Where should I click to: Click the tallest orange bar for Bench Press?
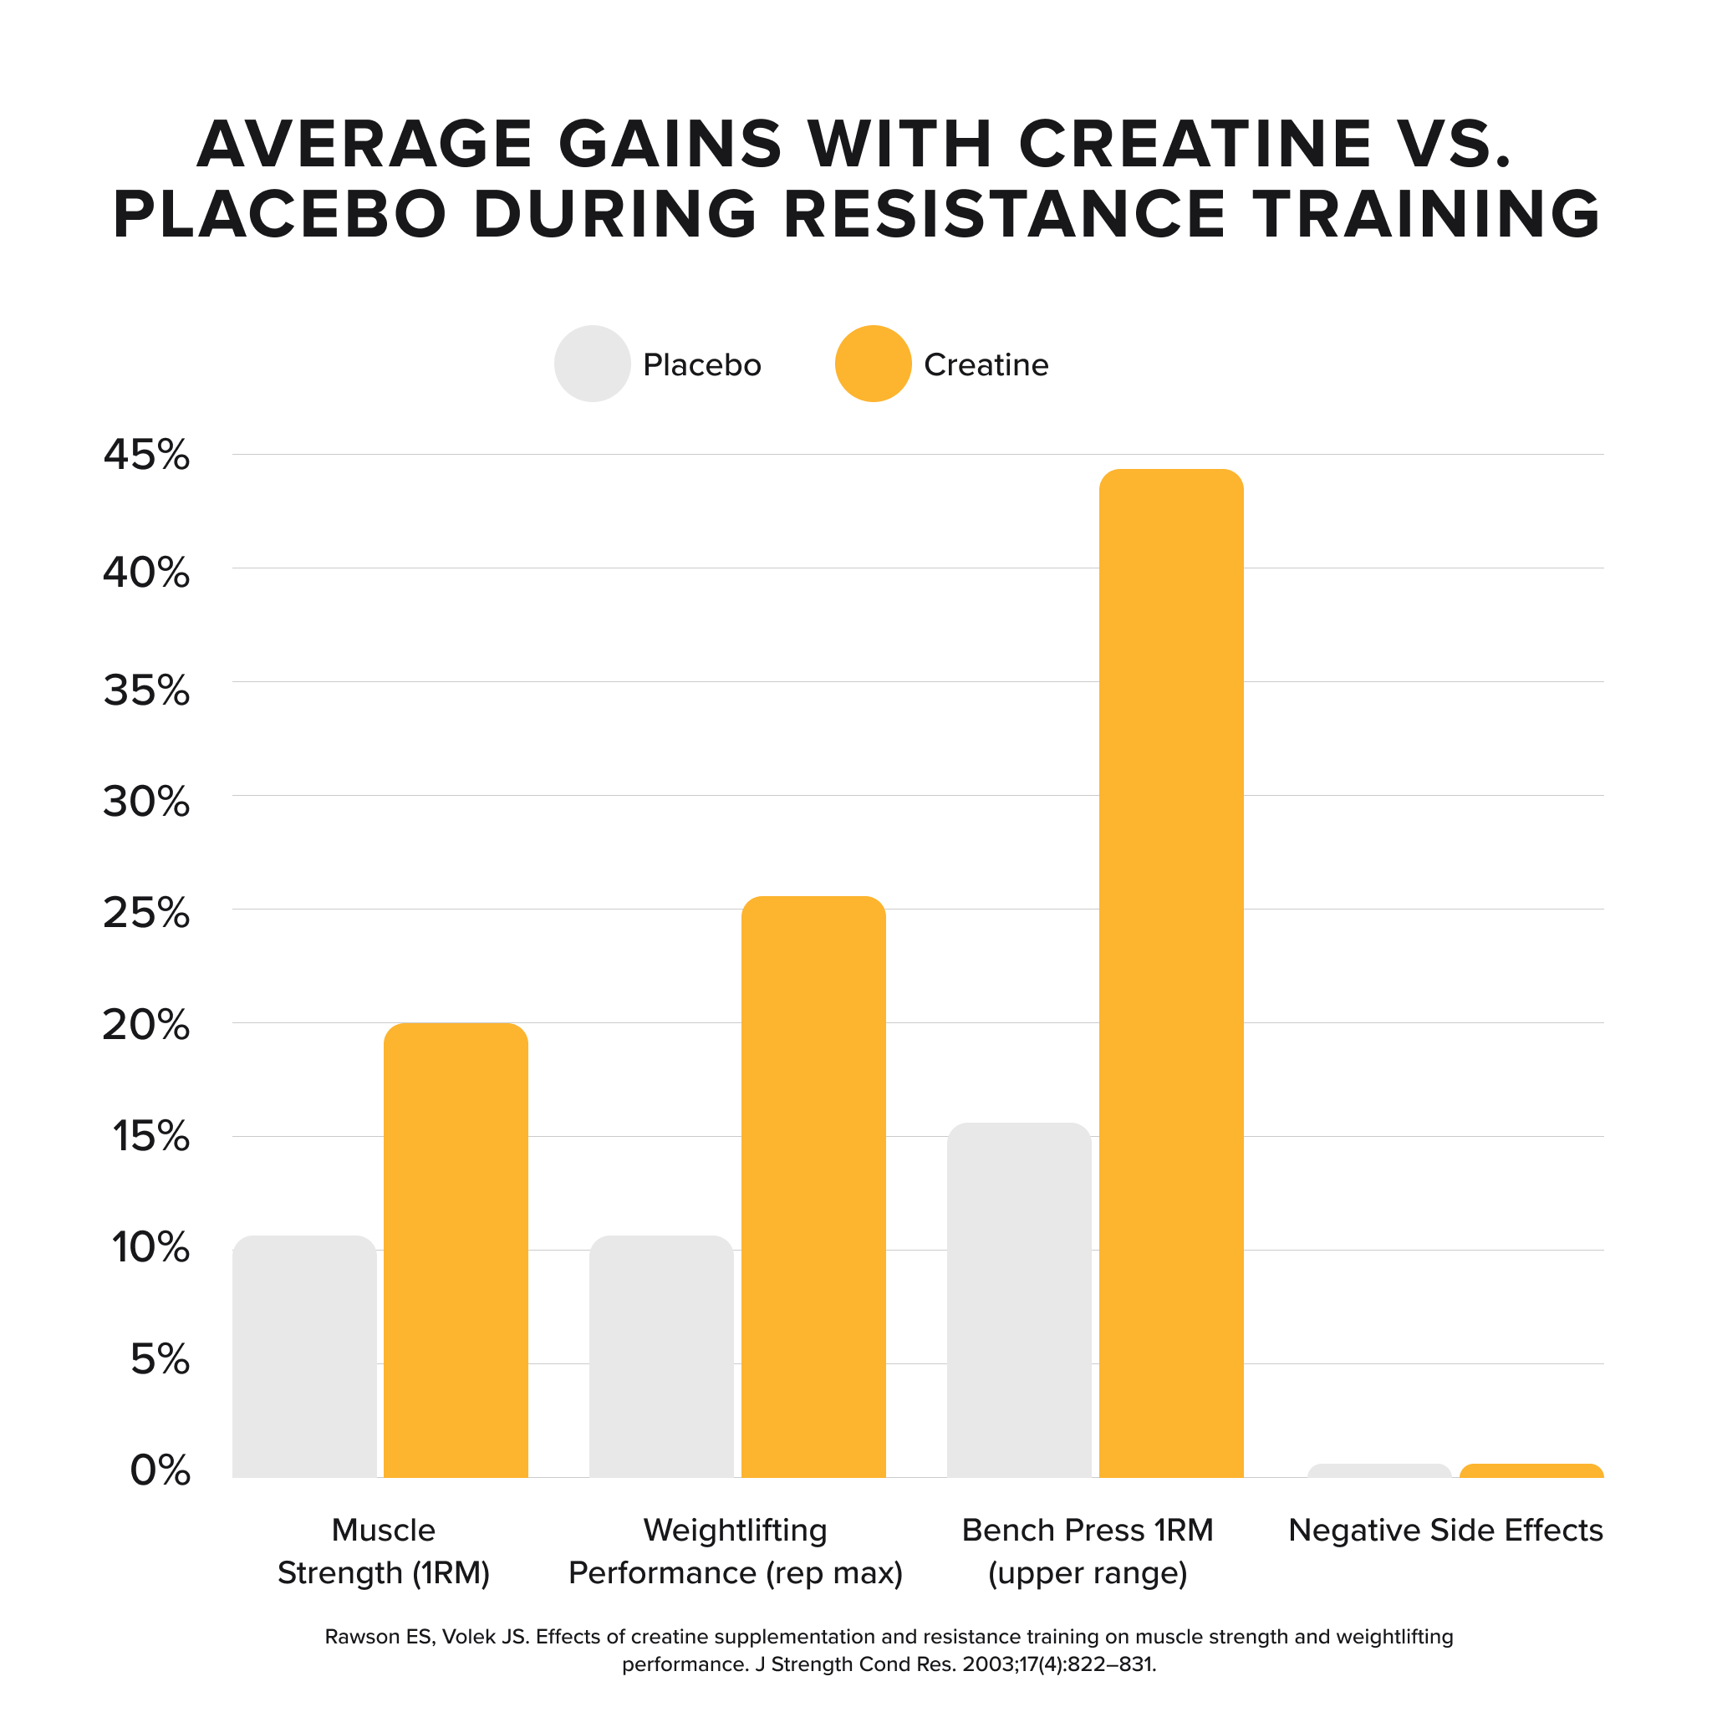pos(1170,975)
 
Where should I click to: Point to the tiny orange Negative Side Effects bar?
pos(1531,1471)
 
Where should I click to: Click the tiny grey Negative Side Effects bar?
pos(1378,1471)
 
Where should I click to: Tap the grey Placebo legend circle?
pos(592,364)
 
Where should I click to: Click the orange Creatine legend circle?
pos(873,364)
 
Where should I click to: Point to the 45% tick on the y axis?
pos(147,456)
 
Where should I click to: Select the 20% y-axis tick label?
pos(147,1025)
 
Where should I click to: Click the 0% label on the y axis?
pos(160,1471)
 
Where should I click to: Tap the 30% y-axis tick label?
pos(147,802)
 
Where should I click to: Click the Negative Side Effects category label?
pos(1445,1531)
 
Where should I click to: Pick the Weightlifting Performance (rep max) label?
pos(736,1551)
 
